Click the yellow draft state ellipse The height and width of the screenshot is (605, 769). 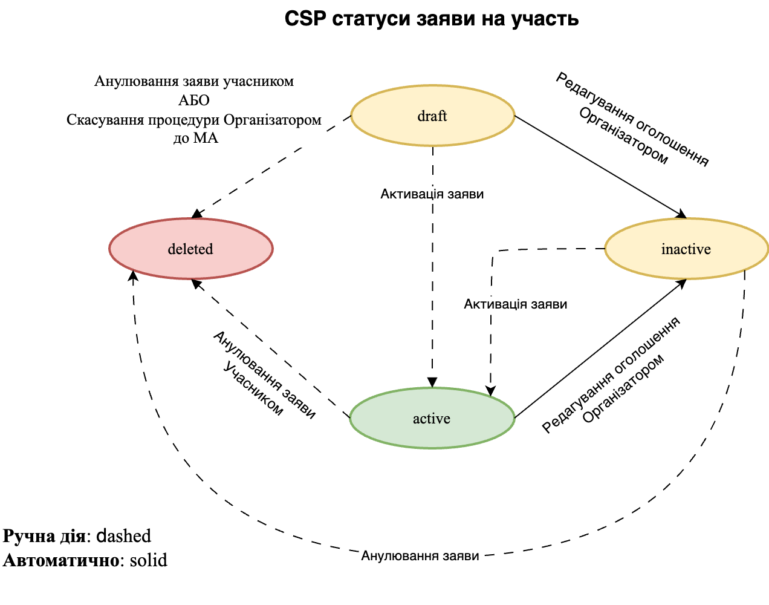432,116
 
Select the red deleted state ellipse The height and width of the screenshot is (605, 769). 190,249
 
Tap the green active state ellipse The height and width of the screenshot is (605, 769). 432,418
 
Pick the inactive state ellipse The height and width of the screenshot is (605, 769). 686,249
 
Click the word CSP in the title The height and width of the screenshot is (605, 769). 305,19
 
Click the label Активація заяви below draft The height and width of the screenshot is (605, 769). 432,194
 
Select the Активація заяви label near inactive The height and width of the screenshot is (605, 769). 515,304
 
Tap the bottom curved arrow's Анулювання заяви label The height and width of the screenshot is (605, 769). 420,556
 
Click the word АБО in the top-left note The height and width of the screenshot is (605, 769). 193,100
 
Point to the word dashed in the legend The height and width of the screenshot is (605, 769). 124,536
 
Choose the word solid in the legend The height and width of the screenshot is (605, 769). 148,560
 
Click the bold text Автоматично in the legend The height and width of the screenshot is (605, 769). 60,560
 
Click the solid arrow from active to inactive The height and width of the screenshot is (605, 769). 599,350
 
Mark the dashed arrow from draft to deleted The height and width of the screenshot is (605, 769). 272,166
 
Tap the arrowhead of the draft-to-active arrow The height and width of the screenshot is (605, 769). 432,382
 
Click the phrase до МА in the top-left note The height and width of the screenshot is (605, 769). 195,139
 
